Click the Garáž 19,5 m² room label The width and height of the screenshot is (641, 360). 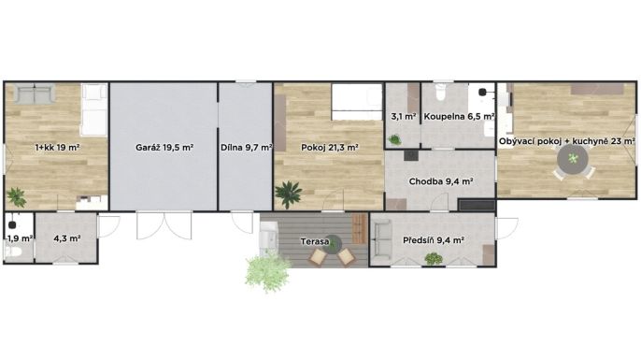coord(164,148)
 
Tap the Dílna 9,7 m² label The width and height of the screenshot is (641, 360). coord(247,148)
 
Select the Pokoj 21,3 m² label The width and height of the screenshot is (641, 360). coord(330,148)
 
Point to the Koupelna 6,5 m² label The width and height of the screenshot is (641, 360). coord(459,117)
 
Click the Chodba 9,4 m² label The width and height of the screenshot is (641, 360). coord(441,181)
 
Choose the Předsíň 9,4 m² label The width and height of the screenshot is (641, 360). coord(434,240)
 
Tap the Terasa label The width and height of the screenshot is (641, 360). coord(315,241)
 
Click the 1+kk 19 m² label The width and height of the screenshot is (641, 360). coord(57,148)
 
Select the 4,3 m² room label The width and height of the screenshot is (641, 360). coord(66,238)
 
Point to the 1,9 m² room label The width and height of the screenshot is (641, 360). coord(20,238)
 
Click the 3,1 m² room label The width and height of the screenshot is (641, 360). coord(403,117)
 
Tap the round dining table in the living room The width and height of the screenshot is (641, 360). coord(573,159)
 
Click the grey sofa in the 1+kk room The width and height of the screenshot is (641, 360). coord(35,94)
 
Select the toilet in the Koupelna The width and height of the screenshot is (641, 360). coord(440,93)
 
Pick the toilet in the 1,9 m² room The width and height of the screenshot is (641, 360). coord(13,252)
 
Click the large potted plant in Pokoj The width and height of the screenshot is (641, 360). coord(289,194)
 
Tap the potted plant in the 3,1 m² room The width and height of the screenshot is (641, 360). coord(395,140)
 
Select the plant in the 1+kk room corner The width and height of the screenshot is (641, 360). coord(17,196)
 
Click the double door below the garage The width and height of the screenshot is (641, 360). coord(164,225)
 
